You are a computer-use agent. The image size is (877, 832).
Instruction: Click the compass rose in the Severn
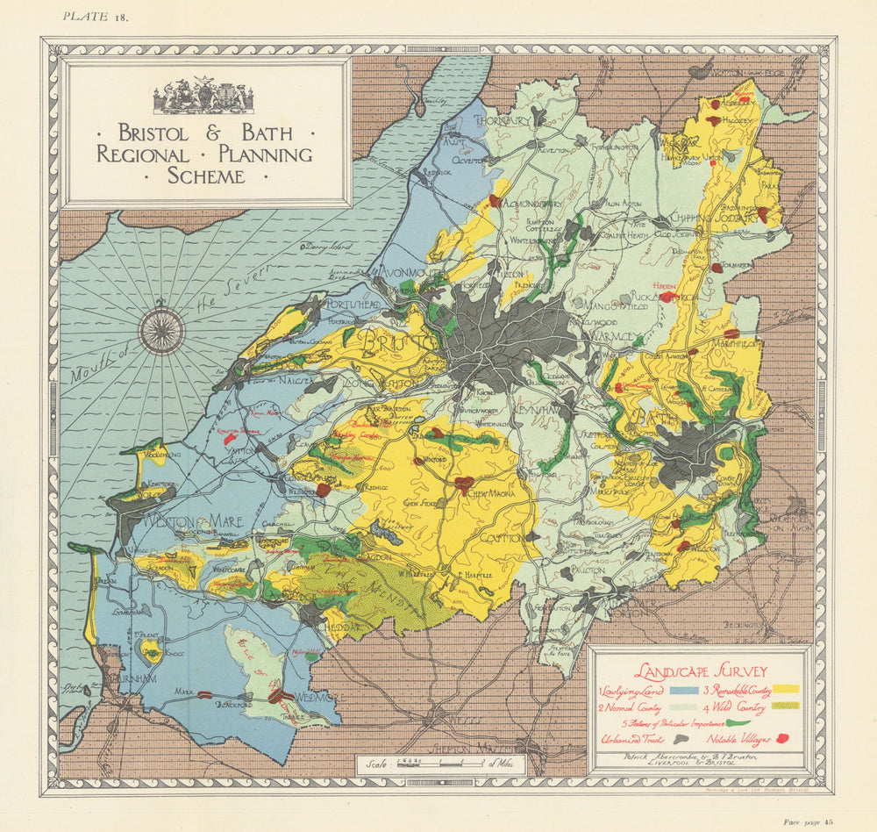162,330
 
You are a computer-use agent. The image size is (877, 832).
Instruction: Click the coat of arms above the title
203,97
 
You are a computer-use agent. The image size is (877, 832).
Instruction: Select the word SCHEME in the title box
206,176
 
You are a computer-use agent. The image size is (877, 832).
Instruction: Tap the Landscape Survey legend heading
698,671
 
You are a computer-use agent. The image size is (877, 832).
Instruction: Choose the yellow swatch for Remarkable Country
786,690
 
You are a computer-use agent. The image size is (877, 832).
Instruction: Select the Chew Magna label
494,494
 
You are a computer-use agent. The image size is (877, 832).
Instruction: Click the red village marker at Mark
204,694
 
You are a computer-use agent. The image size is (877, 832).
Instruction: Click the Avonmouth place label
410,272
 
